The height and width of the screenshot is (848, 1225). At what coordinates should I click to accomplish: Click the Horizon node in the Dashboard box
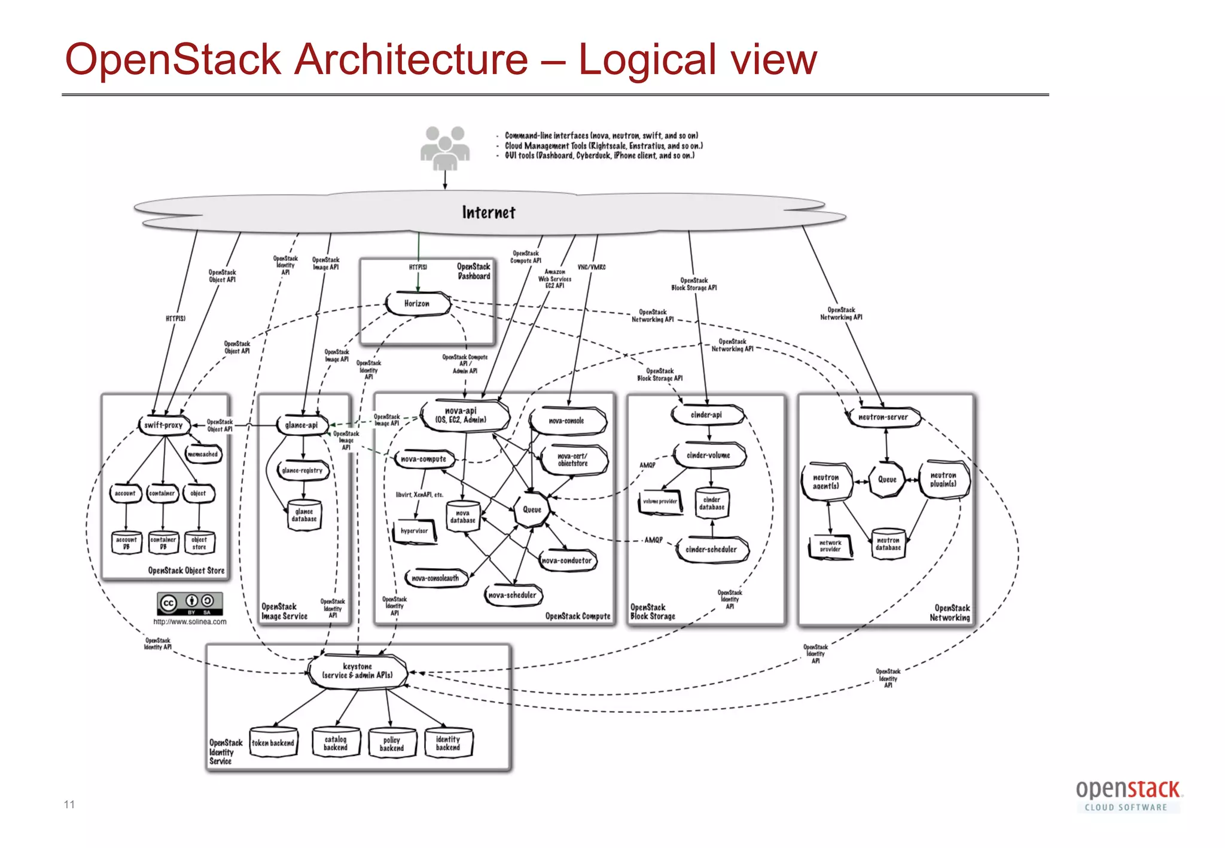[x=417, y=304]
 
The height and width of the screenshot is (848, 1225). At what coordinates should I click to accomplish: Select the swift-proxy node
[x=164, y=425]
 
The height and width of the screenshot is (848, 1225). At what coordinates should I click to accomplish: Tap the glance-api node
[x=302, y=425]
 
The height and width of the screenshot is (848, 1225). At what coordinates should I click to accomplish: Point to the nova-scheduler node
[x=513, y=595]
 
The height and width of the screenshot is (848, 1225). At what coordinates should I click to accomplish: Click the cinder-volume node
[x=709, y=456]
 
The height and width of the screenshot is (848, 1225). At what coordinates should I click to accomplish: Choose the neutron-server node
[x=883, y=417]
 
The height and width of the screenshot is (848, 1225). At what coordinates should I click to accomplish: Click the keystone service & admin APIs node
[x=358, y=672]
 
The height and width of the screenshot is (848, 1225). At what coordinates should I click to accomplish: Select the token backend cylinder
[x=273, y=743]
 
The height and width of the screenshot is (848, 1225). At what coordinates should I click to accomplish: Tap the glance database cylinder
[x=304, y=515]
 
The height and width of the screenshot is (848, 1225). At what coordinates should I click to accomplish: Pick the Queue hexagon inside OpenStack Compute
[x=532, y=510]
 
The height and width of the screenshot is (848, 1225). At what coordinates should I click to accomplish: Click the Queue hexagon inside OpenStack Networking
[x=887, y=480]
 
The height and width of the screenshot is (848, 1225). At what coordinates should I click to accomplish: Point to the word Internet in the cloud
[x=488, y=213]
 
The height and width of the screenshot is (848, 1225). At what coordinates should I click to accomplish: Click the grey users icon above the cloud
[x=444, y=147]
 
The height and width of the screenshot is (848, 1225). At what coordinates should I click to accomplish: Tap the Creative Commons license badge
[x=190, y=603]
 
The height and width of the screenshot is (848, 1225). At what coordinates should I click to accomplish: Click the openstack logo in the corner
[x=1128, y=795]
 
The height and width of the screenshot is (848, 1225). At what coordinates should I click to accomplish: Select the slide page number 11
[x=69, y=804]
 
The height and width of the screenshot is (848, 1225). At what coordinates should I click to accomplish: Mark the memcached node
[x=203, y=454]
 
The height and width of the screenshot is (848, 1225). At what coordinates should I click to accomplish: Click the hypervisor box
[x=415, y=531]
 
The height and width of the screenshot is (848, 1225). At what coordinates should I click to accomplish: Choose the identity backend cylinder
[x=448, y=743]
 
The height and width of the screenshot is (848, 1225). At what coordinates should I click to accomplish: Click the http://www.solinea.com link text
[x=190, y=622]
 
